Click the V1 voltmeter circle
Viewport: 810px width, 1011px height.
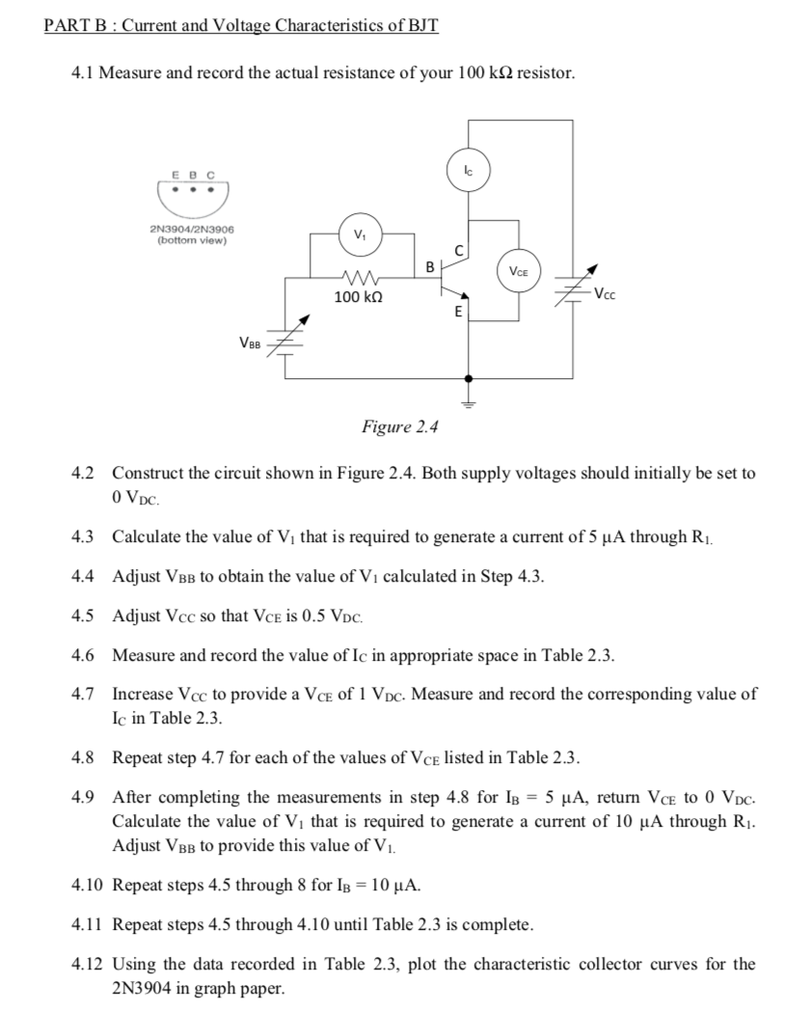click(361, 232)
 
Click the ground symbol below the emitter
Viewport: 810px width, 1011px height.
click(469, 401)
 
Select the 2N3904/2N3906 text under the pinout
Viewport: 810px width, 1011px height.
click(193, 230)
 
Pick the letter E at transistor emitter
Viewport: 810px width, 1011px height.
click(458, 313)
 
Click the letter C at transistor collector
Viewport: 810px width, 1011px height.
click(459, 251)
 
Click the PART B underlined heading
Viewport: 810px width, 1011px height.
click(242, 25)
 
